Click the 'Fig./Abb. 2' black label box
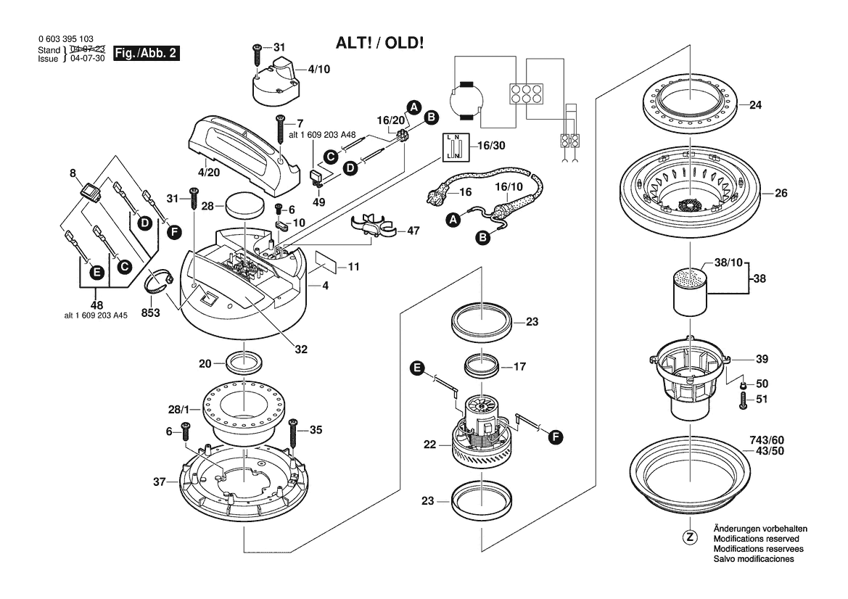pos(147,54)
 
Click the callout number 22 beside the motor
pos(430,445)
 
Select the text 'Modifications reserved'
pos(756,540)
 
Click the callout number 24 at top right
pos(755,105)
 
